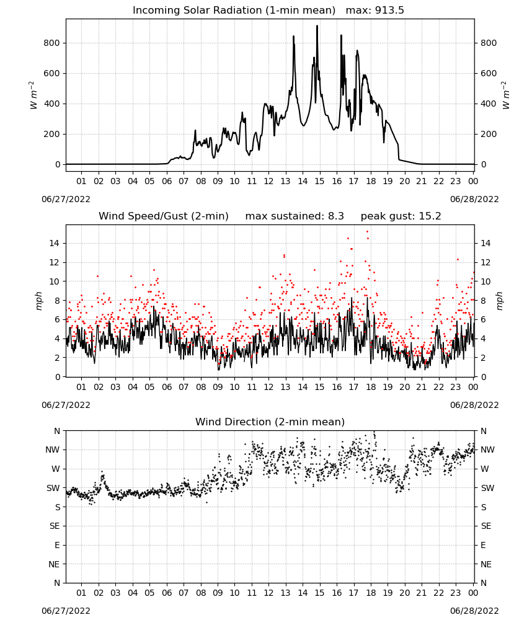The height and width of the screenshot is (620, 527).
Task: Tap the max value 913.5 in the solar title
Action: (389, 11)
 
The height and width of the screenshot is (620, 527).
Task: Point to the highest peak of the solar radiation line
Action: (317, 26)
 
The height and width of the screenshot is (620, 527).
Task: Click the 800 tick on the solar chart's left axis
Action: (52, 43)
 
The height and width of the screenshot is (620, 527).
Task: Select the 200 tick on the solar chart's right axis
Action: (489, 135)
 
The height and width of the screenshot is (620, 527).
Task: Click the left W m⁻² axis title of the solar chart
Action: (33, 95)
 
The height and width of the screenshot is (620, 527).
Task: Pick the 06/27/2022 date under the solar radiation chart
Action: (66, 199)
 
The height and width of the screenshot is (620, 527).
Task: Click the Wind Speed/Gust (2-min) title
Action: (164, 216)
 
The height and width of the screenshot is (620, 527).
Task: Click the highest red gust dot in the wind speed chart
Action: (367, 232)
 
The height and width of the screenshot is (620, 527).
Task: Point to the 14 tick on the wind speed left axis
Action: (55, 244)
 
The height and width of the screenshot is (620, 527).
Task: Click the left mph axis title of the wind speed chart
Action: (38, 301)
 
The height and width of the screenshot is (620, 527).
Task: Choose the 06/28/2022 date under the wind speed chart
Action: (474, 405)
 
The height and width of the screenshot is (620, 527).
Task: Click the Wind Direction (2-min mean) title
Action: (270, 422)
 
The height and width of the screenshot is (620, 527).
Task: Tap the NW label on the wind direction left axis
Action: (53, 450)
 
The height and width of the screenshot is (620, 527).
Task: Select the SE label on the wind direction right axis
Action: (486, 526)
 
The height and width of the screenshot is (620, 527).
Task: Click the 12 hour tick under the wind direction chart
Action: (268, 593)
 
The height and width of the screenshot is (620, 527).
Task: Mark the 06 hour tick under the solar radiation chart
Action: (166, 182)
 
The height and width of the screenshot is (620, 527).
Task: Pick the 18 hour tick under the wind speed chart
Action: (371, 387)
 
